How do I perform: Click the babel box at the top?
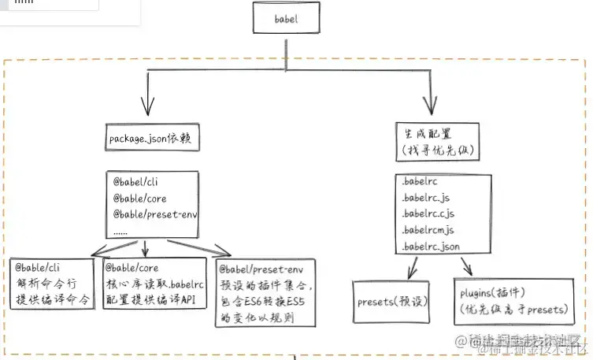point(286,18)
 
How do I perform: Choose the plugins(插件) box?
point(513,300)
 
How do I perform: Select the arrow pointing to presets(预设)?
point(412,270)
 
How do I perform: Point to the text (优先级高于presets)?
point(513,309)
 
